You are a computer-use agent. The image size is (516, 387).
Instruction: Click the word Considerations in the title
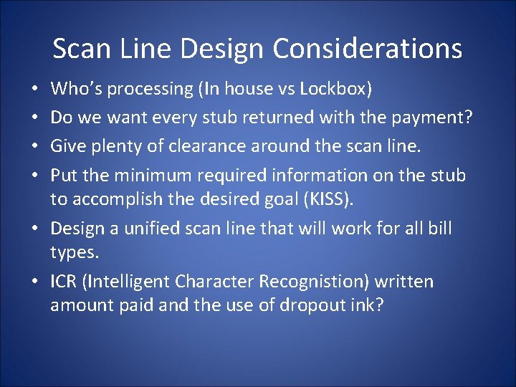coord(368,49)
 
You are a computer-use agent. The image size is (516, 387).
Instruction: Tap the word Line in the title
coord(150,49)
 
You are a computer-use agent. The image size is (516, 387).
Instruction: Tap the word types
coord(73,252)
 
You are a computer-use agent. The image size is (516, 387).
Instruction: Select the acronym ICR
coord(65,282)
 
